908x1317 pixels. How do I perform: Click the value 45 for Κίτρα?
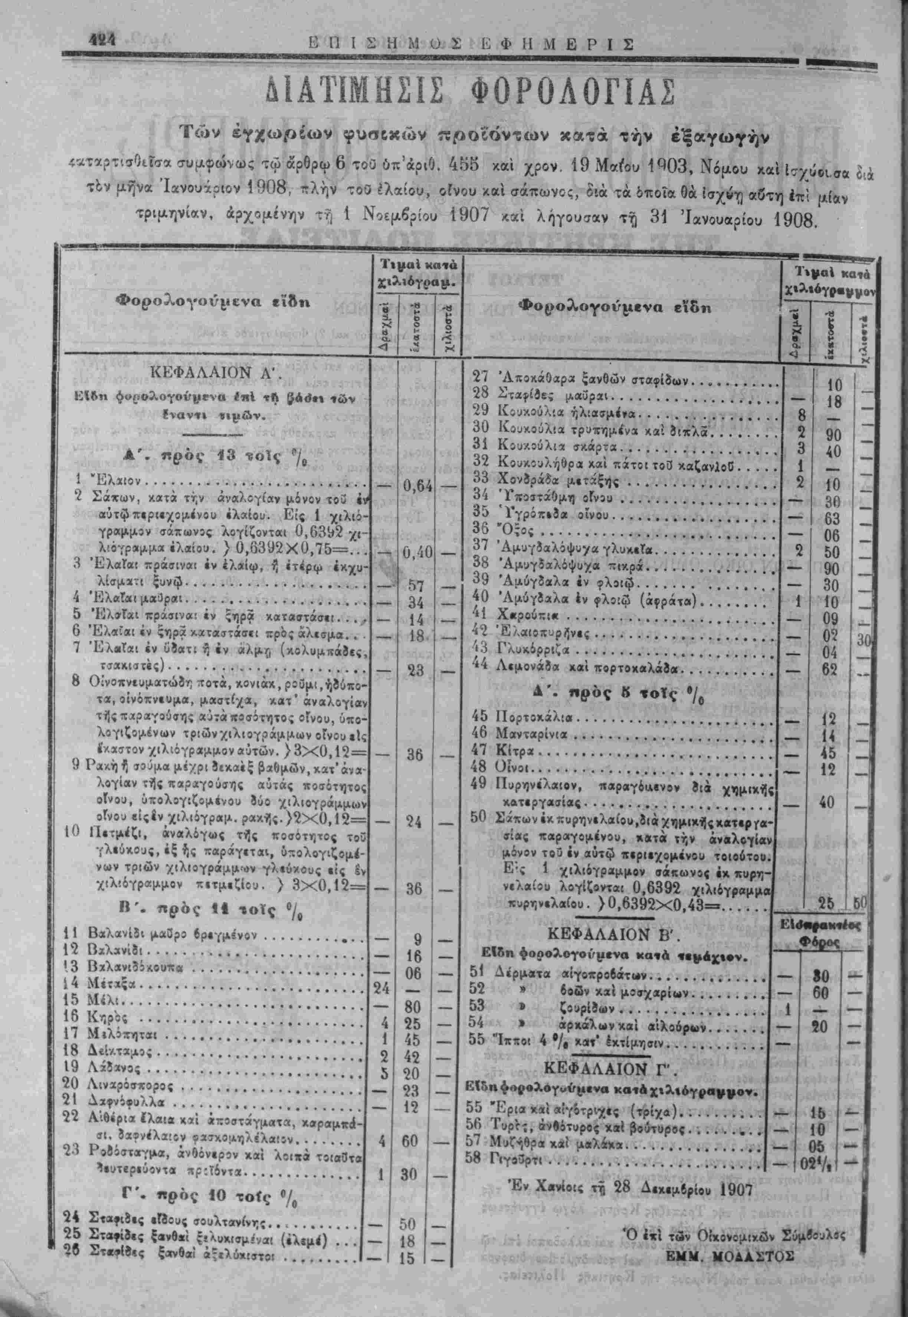pyautogui.click(x=828, y=753)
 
